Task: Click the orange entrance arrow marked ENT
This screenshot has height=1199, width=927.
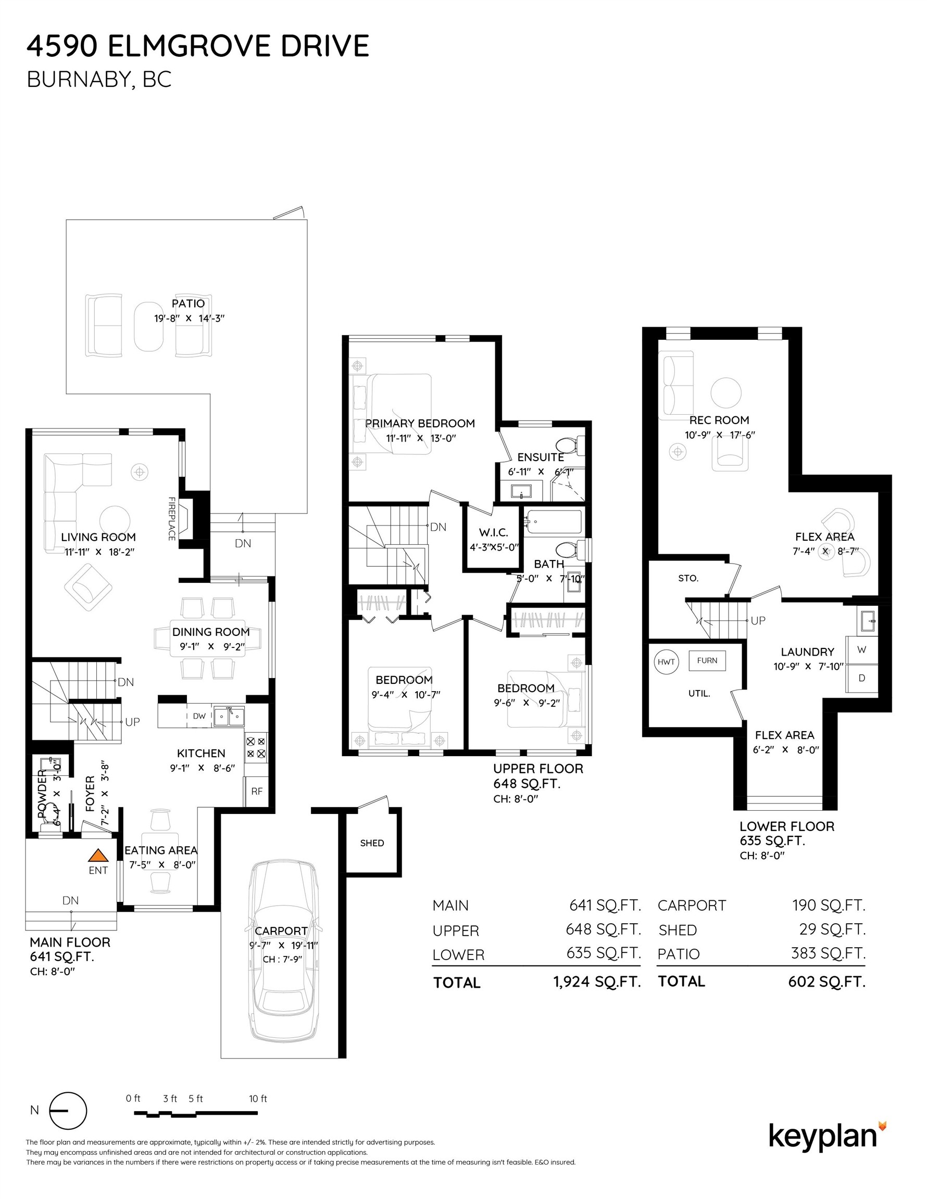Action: pos(97,855)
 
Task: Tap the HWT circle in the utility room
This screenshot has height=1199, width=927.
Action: pos(666,661)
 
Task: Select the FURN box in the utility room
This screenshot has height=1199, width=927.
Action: pos(707,660)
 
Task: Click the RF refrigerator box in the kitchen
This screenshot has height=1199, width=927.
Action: pos(257,791)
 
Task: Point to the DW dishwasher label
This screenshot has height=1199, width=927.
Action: pos(199,716)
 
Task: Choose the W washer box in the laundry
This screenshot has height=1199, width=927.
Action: pos(861,649)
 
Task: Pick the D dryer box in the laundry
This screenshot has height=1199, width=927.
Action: pos(861,678)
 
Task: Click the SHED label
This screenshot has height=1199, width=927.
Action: pos(372,843)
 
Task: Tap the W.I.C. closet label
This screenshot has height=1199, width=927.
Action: pos(493,532)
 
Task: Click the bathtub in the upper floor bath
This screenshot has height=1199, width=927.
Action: pos(554,522)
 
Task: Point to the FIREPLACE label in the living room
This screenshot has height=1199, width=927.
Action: pos(171,519)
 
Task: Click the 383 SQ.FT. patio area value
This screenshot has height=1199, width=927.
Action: pos(828,952)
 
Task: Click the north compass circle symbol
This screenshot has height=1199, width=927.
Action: pos(68,1110)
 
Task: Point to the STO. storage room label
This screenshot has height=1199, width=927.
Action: pos(688,578)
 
